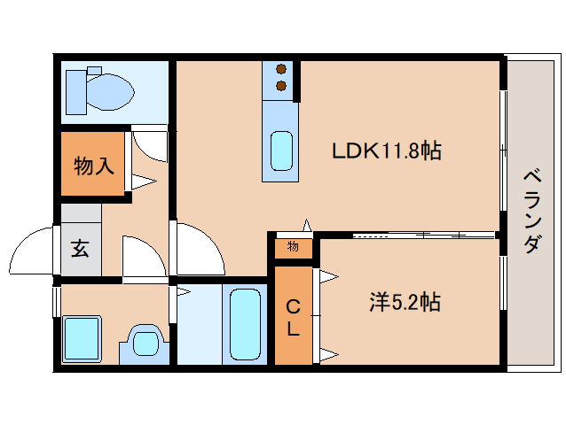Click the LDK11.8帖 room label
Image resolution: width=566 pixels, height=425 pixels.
coord(386,151)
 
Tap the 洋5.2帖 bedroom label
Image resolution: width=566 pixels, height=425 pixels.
coord(405,302)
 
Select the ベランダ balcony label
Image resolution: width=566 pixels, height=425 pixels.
coord(533,212)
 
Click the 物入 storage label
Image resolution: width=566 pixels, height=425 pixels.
coord(94,166)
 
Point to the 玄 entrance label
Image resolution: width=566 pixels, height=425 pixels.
coord(80,249)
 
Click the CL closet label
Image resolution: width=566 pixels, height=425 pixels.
coord(293,318)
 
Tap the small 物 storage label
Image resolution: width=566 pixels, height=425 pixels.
coord(293,247)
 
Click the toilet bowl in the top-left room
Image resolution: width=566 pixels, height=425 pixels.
coord(110,92)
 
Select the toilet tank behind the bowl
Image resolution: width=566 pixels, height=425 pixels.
coord(76,92)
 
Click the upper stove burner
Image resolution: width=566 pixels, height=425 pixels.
coord(281,68)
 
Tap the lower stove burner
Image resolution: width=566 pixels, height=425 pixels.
coord(281,86)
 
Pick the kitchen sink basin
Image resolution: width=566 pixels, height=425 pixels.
coord(281,151)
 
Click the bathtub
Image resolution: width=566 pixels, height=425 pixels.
coord(245,324)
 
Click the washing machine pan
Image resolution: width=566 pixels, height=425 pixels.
coord(82,339)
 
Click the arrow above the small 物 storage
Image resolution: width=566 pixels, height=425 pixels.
coord(307,225)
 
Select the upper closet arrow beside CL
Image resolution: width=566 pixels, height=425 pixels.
coord(329,276)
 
